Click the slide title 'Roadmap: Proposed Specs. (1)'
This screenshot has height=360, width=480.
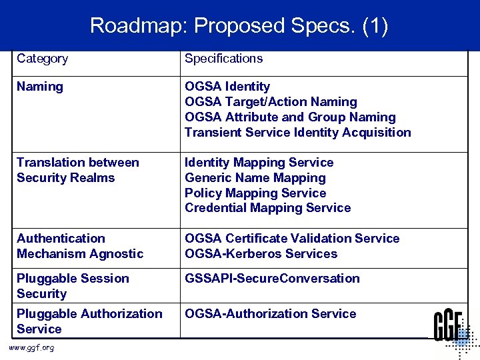coord(239,26)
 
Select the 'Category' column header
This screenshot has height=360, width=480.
coord(42,59)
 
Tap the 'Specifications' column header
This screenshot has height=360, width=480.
coord(223,59)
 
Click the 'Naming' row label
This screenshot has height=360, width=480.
coord(40,87)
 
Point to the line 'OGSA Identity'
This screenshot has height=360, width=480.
coord(227,87)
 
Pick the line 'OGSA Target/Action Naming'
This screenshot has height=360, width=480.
coord(271,102)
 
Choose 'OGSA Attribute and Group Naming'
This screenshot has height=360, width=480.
coord(290,117)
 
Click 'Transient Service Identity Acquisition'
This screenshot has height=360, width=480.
coord(297,133)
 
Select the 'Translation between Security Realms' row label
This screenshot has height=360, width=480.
coord(77,170)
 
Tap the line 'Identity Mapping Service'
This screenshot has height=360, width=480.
coord(259,163)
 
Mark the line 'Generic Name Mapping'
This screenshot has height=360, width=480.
coord(255,178)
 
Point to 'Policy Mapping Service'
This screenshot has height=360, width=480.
coord(255,193)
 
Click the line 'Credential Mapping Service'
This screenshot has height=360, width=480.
coord(267,208)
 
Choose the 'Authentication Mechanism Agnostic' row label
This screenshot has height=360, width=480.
coord(80,246)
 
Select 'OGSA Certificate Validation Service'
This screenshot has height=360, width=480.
coord(292,239)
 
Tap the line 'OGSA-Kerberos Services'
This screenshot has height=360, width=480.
coord(261,254)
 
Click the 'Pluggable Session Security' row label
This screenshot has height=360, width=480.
coord(73,286)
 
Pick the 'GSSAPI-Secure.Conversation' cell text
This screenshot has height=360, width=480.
coord(272,279)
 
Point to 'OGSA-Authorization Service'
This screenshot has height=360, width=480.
coord(270,314)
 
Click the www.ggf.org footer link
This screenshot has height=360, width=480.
coord(32,348)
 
